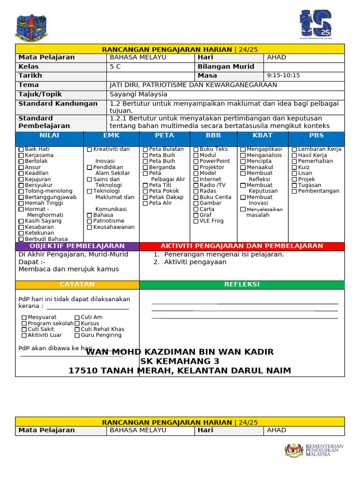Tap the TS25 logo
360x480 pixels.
click(x=315, y=24)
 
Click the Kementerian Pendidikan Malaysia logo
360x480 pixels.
click(x=314, y=450)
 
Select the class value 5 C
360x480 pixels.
click(x=115, y=67)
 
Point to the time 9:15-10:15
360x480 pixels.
click(x=283, y=75)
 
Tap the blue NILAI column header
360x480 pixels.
click(x=49, y=135)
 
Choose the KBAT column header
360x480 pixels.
click(x=262, y=135)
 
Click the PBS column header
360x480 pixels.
click(x=316, y=135)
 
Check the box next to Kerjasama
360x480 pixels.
click(x=21, y=155)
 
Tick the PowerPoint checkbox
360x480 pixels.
click(x=196, y=161)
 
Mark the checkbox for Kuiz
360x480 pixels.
click(x=294, y=167)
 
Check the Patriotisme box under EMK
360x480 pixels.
click(x=90, y=221)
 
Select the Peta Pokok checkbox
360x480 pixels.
click(x=145, y=191)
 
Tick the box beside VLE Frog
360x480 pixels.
click(x=196, y=221)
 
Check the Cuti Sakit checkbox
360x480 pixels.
click(x=24, y=330)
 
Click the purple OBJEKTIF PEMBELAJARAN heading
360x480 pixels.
click(x=77, y=246)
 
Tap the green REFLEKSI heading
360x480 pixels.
click(x=241, y=285)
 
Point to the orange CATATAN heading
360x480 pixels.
click(x=77, y=285)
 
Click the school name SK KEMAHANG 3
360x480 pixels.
click(x=180, y=361)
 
